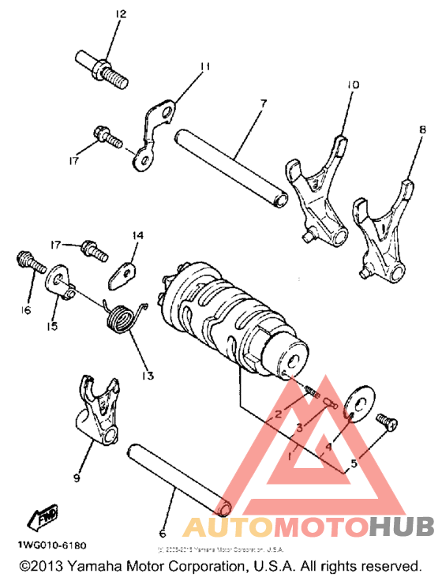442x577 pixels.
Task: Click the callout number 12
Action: click(x=120, y=15)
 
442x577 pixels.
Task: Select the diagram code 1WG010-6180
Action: click(x=48, y=545)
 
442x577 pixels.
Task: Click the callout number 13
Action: click(x=148, y=374)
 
